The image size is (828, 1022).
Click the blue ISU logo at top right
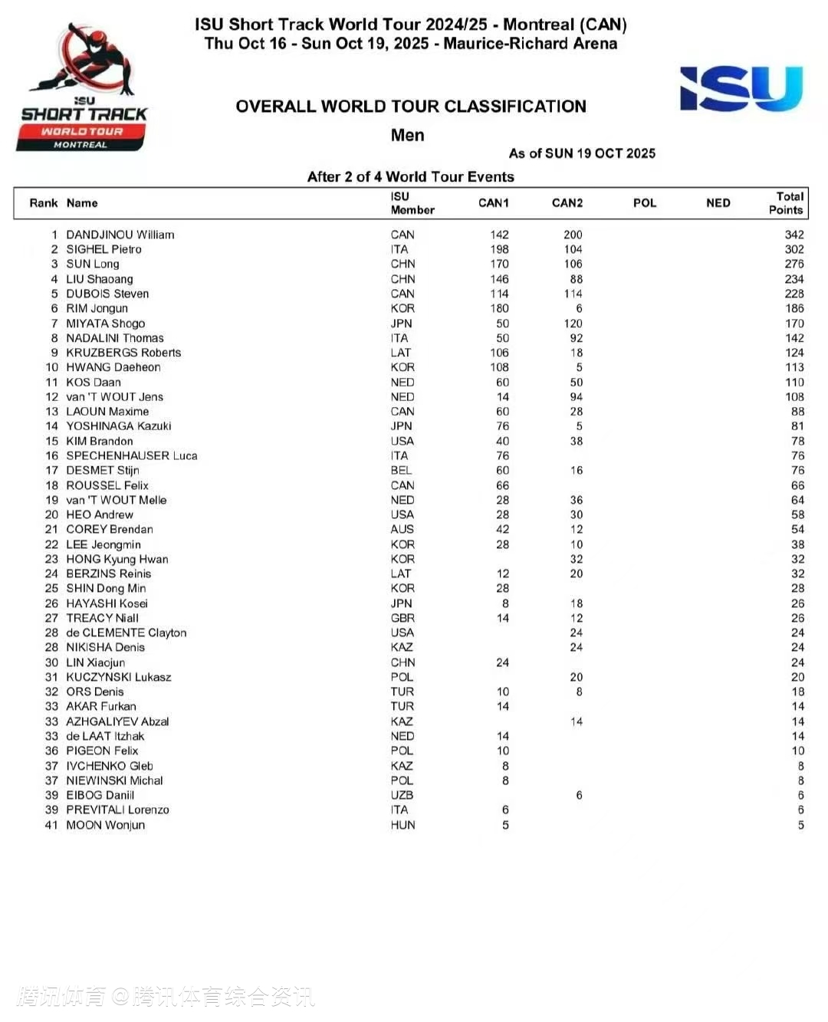coord(741,89)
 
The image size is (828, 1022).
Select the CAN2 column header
coord(567,203)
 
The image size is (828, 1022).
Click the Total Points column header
coord(786,203)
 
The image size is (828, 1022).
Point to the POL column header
coord(645,203)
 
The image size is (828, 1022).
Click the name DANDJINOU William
coord(120,235)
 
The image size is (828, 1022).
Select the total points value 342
coord(794,235)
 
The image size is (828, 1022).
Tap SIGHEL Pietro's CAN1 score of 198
coord(499,249)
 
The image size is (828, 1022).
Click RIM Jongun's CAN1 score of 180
coord(499,308)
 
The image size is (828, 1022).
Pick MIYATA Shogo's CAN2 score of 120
coord(573,324)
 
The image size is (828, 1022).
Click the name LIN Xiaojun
coord(95,662)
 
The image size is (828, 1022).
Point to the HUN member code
coord(402,825)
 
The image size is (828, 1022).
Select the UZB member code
coord(402,795)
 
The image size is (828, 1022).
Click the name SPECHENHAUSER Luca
coord(132,455)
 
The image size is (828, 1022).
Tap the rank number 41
coord(51,825)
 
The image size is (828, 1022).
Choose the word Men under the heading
coord(407,136)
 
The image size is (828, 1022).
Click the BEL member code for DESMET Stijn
coord(401,470)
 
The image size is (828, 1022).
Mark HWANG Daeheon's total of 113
coord(794,367)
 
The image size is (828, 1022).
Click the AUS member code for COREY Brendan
coord(402,529)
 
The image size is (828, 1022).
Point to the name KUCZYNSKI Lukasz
coord(119,677)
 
